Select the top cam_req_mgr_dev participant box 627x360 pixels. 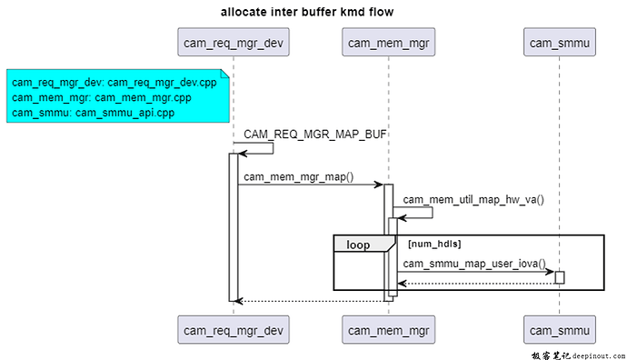click(x=233, y=42)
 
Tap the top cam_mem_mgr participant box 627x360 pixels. click(x=388, y=42)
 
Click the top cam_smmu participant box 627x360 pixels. click(x=559, y=42)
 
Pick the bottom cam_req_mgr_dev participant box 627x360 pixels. click(x=233, y=328)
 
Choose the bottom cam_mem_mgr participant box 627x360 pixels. click(x=388, y=328)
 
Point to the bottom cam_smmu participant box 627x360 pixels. click(x=559, y=328)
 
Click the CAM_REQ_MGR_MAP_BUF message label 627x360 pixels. click(x=315, y=135)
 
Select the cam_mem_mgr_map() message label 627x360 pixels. click(x=298, y=176)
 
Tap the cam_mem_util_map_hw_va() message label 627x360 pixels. click(x=473, y=199)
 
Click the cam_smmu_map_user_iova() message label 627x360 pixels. click(x=476, y=264)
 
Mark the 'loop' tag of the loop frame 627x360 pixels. click(x=358, y=244)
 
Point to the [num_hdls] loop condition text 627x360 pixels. click(x=434, y=244)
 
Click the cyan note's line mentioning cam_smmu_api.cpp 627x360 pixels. click(x=93, y=113)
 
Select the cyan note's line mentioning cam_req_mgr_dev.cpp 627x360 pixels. click(x=114, y=83)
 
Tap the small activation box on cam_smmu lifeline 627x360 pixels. click(x=560, y=276)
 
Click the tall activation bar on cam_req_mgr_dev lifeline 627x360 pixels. click(x=233, y=227)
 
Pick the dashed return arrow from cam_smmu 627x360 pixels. click(x=476, y=283)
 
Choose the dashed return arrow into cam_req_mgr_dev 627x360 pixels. click(x=309, y=300)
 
